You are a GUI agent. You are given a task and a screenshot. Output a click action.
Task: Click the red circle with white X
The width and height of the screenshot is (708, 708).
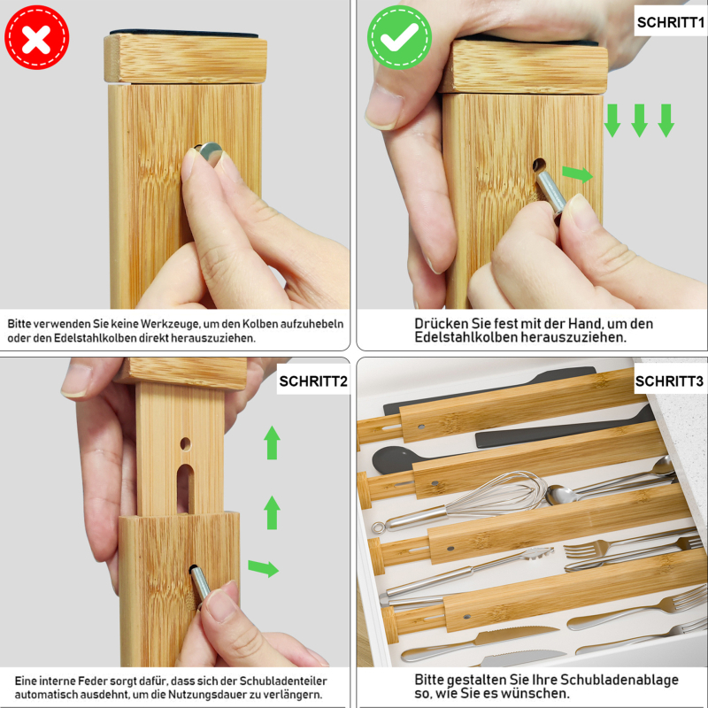(36, 37)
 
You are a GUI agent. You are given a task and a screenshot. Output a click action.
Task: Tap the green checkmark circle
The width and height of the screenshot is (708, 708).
(399, 37)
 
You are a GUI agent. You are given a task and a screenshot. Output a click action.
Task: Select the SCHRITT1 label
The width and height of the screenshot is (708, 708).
(670, 22)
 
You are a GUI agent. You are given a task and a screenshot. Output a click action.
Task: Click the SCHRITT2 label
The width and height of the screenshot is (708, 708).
(313, 381)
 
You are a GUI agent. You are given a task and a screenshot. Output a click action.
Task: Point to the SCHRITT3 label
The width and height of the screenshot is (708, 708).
(669, 381)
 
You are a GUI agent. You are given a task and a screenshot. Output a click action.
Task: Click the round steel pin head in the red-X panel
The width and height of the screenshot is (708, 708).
(210, 152)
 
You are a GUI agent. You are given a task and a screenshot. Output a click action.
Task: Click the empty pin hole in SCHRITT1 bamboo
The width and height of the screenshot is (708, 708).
(538, 165)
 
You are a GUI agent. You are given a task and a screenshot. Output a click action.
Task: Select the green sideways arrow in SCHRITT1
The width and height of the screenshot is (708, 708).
(577, 173)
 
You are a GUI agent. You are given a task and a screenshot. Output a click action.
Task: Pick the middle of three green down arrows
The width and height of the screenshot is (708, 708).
(639, 120)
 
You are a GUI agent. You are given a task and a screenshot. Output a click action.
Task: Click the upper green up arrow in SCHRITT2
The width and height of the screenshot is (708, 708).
(272, 442)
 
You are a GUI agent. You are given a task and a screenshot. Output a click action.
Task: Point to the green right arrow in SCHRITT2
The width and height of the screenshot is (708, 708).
(263, 568)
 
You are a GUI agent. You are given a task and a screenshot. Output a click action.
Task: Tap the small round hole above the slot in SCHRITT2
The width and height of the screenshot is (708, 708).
(186, 444)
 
